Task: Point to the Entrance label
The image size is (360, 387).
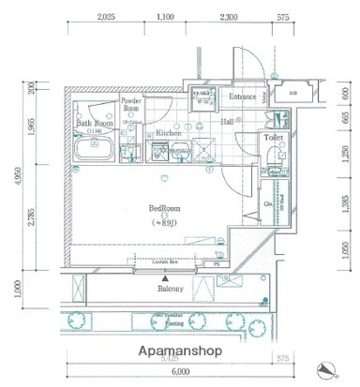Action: click(x=243, y=97)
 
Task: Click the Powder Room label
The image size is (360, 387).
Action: click(x=130, y=104)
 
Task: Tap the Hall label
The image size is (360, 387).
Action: click(x=228, y=121)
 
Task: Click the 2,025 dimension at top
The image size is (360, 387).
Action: click(x=105, y=16)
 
